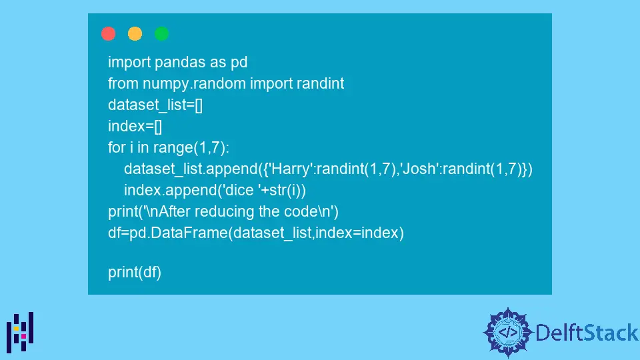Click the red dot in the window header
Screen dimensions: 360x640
click(108, 33)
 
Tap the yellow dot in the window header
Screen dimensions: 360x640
click(135, 33)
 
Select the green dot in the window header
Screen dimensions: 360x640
click(162, 33)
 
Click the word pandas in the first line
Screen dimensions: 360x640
click(177, 63)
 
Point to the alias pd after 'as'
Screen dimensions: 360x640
click(239, 63)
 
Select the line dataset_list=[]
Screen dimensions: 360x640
click(155, 105)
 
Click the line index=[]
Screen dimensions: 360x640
click(135, 127)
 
